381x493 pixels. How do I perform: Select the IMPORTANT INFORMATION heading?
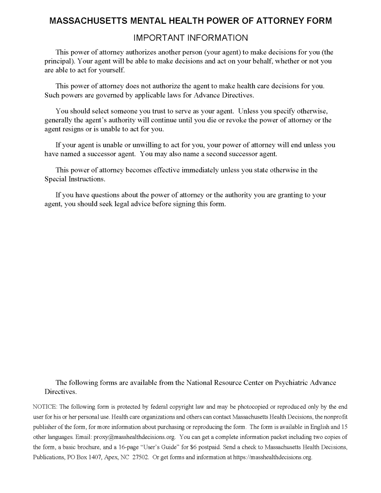point(190,38)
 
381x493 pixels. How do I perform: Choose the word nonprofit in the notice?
point(331,417)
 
